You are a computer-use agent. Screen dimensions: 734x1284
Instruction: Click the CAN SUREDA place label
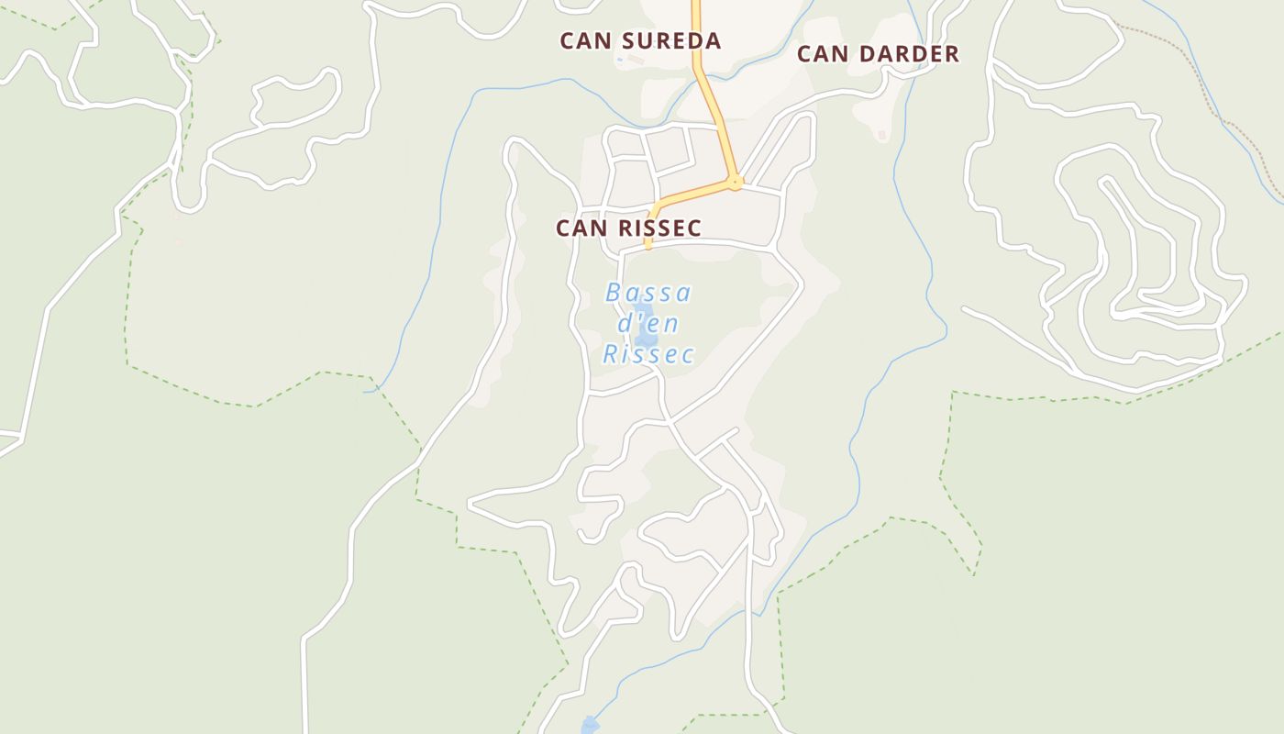[x=640, y=40]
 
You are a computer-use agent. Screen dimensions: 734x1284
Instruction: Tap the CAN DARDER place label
[x=878, y=54]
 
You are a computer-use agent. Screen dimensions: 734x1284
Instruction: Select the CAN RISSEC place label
[x=628, y=228]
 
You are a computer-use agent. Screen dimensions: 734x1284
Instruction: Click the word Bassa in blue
[x=648, y=294]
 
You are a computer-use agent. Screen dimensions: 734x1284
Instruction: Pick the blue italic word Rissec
[x=648, y=354]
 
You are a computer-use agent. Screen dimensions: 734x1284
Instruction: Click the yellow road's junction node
[x=735, y=183]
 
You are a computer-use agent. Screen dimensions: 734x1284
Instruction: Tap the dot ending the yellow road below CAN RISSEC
[x=648, y=245]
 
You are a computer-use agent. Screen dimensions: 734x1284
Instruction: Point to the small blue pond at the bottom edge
[x=590, y=726]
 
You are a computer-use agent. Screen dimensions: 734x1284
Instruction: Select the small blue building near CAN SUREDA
[x=620, y=61]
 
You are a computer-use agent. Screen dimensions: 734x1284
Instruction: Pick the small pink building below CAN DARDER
[x=882, y=136]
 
